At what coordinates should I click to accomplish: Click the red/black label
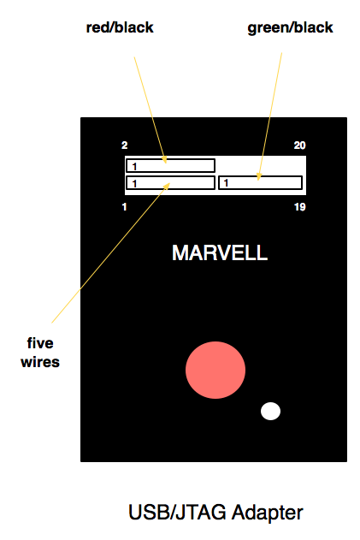[x=120, y=27]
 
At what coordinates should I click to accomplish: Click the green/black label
[x=290, y=28]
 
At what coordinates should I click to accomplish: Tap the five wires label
[x=40, y=353]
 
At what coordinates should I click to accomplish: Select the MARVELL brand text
[x=220, y=252]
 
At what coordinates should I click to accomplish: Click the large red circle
[x=215, y=370]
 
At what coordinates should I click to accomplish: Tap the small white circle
[x=270, y=411]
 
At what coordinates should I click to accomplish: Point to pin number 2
[x=125, y=145]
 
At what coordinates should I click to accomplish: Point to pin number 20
[x=300, y=145]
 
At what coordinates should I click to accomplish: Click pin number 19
[x=300, y=207]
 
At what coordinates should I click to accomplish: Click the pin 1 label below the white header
[x=124, y=207]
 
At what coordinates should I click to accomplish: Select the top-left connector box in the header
[x=171, y=166]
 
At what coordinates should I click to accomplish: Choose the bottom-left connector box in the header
[x=171, y=183]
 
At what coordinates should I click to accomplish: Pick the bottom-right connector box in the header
[x=261, y=183]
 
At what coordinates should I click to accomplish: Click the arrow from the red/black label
[x=150, y=110]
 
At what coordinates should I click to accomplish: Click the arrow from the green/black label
[x=270, y=116]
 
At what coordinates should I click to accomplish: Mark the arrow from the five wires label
[x=111, y=252]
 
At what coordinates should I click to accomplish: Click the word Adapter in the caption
[x=267, y=512]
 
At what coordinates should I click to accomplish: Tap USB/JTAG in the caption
[x=178, y=512]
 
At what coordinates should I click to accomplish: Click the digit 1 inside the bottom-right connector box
[x=226, y=183]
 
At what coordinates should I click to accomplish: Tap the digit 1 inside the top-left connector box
[x=134, y=167]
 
